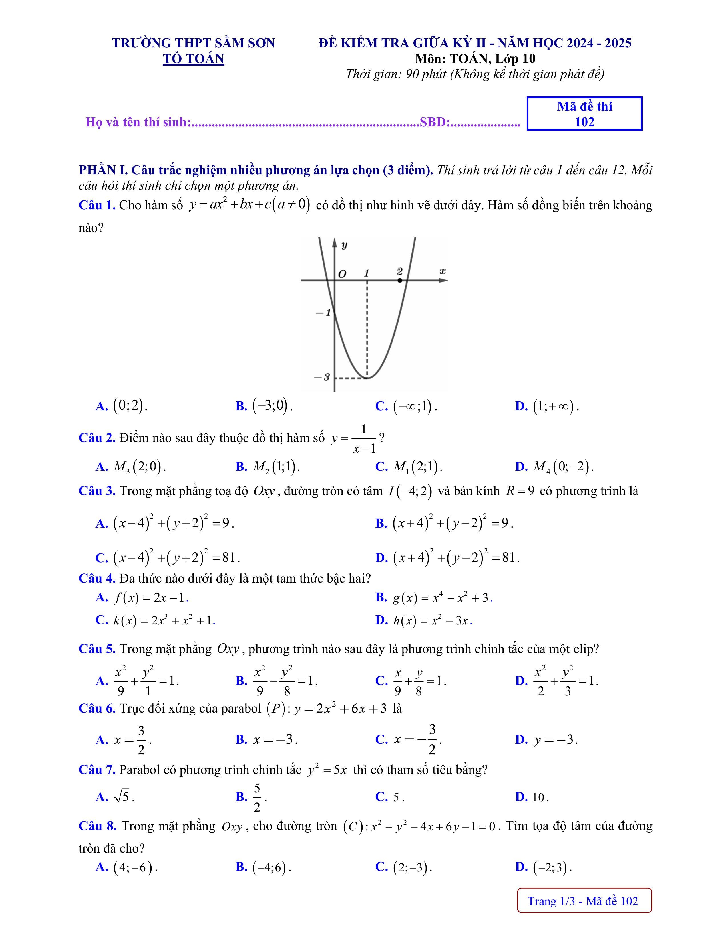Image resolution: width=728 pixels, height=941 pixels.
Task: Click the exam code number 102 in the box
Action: coord(584,122)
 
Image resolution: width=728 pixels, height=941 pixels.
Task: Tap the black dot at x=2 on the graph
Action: coord(400,281)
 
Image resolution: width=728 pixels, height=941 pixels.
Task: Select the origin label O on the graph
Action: coord(342,274)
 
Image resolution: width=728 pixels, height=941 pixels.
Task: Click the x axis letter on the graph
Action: coord(442,271)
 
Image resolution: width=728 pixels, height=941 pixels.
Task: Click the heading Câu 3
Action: coord(96,491)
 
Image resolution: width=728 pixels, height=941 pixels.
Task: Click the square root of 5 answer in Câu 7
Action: coord(123,797)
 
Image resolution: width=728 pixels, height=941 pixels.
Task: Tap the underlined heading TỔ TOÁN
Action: coord(193,59)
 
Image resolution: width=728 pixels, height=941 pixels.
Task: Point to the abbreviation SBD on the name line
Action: coord(433,122)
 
